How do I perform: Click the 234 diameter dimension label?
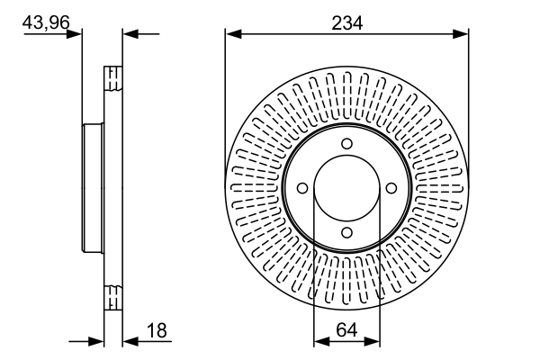point(346,23)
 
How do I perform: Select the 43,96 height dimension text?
point(46,22)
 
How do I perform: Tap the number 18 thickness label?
point(157,330)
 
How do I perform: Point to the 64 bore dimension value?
point(346,330)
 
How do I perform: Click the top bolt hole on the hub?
point(346,144)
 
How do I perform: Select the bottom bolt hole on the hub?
point(346,232)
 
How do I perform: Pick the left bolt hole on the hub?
point(302,188)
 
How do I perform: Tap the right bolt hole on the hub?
point(391,188)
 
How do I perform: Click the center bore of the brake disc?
point(346,188)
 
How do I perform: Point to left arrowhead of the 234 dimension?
point(233,34)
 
